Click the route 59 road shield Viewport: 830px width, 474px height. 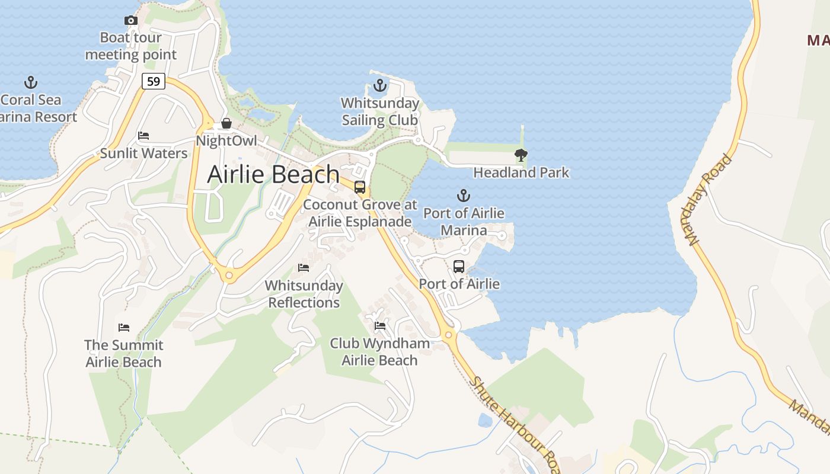154,81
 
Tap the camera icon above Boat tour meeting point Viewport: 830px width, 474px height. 131,21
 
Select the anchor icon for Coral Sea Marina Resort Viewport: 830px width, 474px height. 30,82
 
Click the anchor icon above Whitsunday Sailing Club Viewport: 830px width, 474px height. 379,86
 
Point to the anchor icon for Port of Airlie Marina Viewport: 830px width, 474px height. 463,196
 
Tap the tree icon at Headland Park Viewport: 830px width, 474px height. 521,155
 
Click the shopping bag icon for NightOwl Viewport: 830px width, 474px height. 226,123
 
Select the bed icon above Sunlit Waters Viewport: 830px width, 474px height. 143,136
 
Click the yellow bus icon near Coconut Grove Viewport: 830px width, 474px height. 360,187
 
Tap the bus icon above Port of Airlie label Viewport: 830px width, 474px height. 459,267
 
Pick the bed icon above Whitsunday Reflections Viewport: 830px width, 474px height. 304,268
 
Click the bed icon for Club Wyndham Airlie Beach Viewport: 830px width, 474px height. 380,326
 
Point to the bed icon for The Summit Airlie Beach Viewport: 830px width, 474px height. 124,327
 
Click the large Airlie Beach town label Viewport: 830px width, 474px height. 273,174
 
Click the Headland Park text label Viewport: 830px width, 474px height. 521,172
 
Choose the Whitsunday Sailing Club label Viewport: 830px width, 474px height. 380,111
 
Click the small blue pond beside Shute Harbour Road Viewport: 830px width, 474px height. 485,421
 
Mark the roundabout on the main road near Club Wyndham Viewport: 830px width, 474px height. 450,336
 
